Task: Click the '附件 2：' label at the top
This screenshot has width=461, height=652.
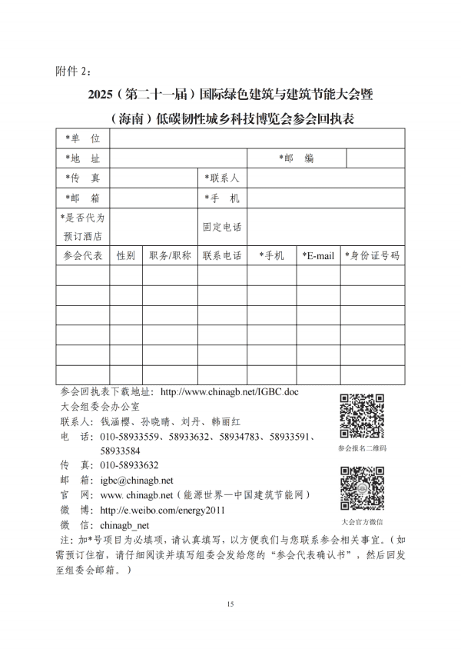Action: (x=74, y=72)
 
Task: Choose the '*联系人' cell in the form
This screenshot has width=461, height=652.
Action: (x=222, y=178)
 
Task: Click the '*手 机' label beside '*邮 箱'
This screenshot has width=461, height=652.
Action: (x=222, y=198)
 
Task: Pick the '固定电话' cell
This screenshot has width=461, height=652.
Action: (x=222, y=228)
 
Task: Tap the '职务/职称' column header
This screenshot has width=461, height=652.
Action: (x=170, y=256)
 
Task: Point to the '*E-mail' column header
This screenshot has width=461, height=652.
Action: (x=318, y=256)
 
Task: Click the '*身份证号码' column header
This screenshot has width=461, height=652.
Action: (x=373, y=256)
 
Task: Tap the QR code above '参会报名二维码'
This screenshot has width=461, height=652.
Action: (x=362, y=416)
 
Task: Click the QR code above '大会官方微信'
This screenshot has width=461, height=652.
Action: (x=362, y=486)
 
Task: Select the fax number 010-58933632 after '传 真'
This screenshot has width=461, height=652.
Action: (x=129, y=465)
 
